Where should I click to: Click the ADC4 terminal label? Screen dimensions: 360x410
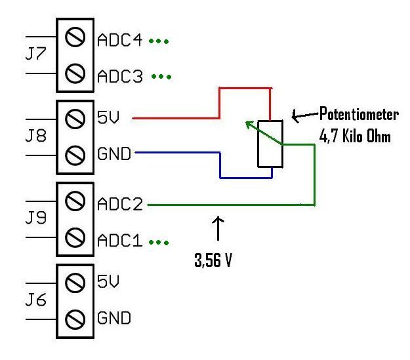click(120, 41)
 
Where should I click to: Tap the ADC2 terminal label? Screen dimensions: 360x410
click(120, 205)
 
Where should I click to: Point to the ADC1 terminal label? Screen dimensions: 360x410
click(120, 241)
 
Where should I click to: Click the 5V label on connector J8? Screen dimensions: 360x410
click(108, 119)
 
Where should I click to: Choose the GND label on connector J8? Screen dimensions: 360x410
click(113, 155)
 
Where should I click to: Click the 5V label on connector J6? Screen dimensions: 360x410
click(108, 283)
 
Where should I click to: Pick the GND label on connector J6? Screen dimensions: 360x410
click(113, 319)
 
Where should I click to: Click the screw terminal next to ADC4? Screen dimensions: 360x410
click(76, 41)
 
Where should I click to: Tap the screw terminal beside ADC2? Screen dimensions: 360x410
click(76, 205)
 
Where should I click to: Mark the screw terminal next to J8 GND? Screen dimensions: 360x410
click(76, 155)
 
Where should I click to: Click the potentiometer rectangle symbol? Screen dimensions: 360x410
click(270, 144)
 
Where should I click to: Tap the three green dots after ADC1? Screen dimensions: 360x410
click(159, 242)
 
